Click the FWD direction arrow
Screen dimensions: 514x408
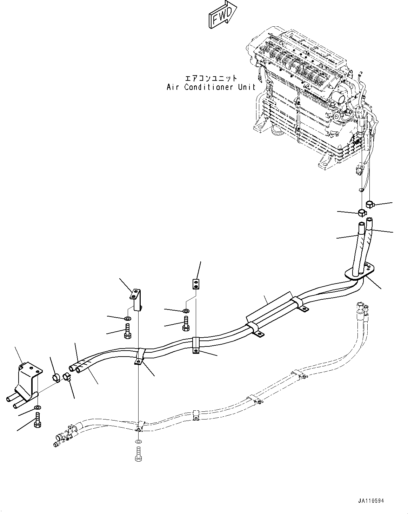point(222,16)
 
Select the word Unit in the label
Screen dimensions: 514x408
point(247,87)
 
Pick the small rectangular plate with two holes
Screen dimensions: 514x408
point(196,283)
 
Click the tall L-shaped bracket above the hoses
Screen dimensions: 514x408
point(136,298)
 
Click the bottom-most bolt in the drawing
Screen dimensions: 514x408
point(138,454)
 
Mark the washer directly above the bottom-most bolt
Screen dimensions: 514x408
point(138,441)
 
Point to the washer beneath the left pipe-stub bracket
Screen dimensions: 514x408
point(37,408)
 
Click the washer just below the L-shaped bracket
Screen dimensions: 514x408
point(128,319)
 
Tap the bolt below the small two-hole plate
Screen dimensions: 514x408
point(186,323)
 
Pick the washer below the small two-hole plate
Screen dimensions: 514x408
point(186,311)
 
